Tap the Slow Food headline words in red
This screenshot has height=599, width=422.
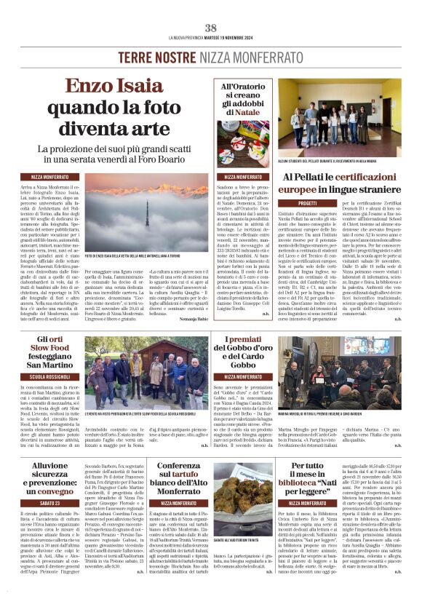(x=44, y=352)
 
